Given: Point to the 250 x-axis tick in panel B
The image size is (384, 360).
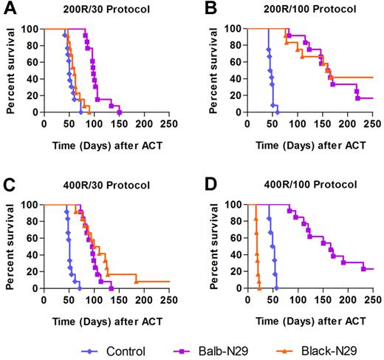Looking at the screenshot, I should point(371,124).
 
